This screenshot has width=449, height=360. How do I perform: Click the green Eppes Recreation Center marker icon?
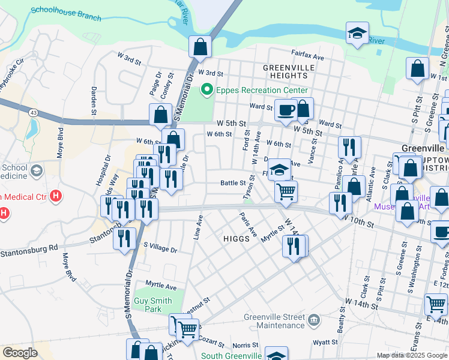tap(207, 91)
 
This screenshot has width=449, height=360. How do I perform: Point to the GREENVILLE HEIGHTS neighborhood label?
tap(289, 71)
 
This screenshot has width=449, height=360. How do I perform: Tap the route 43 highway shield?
tap(32, 113)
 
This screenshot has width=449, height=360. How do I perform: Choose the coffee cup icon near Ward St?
tap(286, 110)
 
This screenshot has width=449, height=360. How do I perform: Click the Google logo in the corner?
tap(20, 353)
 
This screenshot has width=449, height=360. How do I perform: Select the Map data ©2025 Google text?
tap(411, 355)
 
